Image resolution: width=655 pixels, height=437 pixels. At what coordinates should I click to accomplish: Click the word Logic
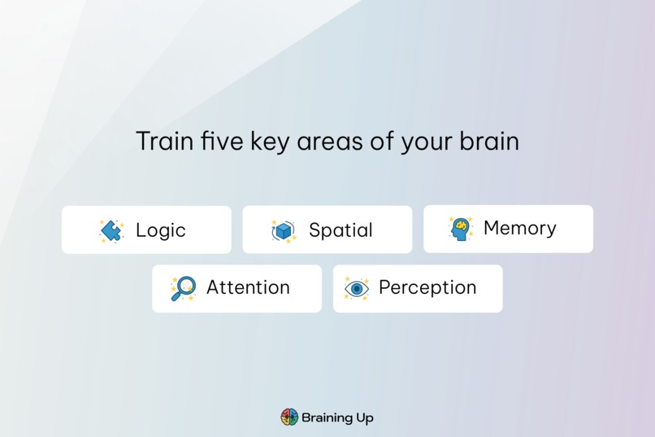[160, 230]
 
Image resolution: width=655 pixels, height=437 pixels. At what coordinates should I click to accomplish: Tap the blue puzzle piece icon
[111, 231]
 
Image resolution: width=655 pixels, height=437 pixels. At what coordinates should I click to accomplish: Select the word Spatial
[341, 230]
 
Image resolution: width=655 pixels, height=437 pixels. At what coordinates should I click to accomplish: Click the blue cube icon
[284, 231]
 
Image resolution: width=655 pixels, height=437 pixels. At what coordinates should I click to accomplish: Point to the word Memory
[519, 229]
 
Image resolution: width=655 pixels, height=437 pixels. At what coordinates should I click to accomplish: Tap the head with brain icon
[461, 229]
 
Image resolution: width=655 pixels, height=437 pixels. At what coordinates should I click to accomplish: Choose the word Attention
[248, 288]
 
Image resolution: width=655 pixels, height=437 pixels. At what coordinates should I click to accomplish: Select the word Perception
[427, 288]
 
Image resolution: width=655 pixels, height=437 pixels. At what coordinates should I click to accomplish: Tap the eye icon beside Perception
[357, 289]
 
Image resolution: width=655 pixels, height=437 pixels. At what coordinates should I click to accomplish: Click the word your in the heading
[425, 142]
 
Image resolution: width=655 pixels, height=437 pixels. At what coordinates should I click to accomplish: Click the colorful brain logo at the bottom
[289, 417]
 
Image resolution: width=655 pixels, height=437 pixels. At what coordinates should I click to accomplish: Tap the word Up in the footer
[365, 418]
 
